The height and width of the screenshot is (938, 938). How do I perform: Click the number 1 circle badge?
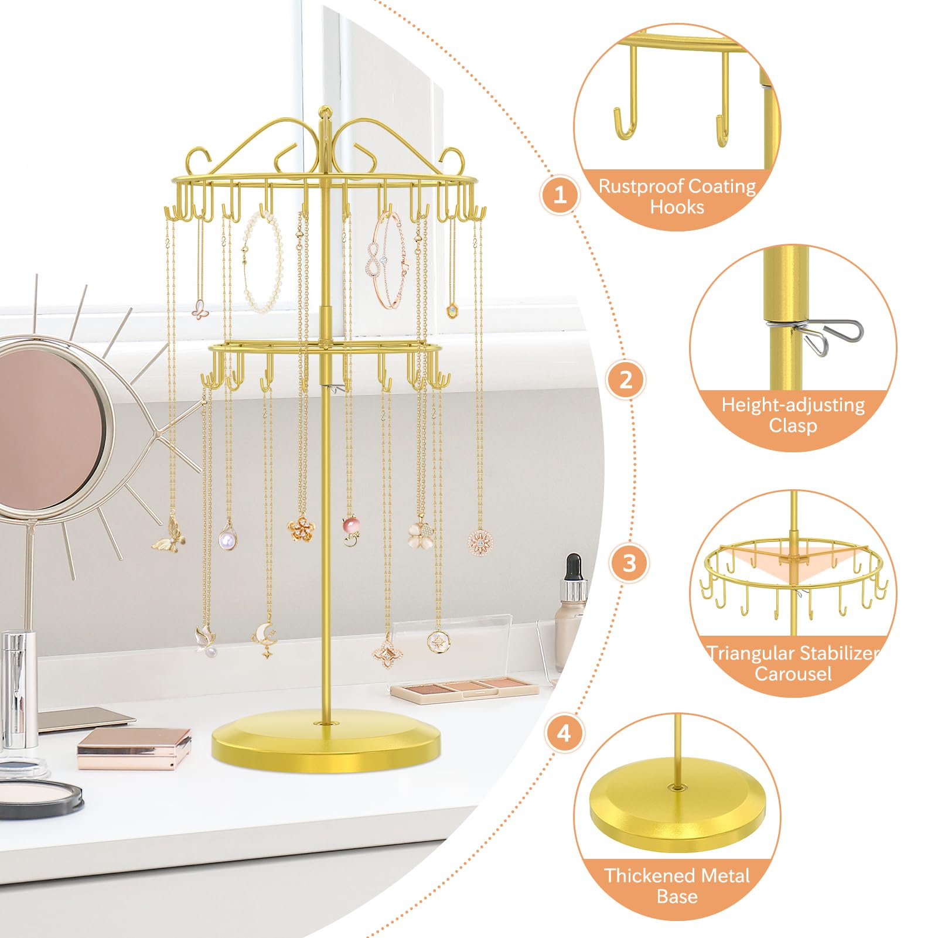(560, 194)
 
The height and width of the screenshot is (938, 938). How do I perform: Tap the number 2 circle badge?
(626, 380)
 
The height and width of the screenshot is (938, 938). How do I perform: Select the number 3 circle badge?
(629, 563)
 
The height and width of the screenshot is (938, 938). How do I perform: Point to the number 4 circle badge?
(564, 733)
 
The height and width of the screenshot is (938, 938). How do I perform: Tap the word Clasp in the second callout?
(793, 425)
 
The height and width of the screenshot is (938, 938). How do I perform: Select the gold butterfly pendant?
(169, 535)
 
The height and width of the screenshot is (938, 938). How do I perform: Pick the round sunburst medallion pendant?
(480, 541)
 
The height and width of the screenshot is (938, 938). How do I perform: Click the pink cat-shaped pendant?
(350, 524)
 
